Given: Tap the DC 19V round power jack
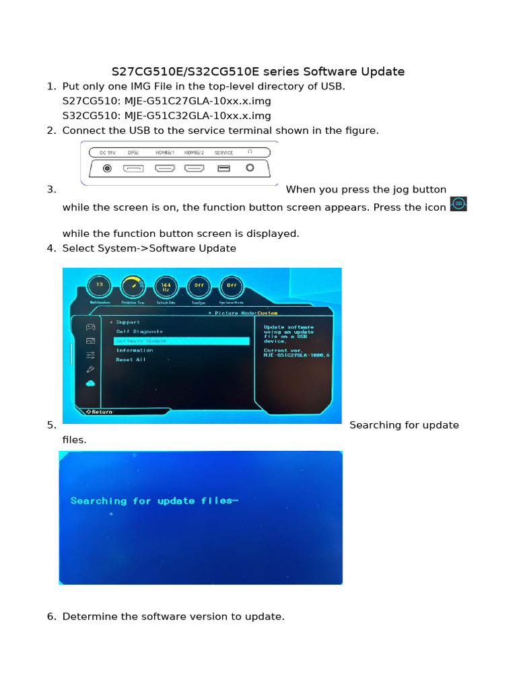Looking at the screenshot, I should click(107, 168).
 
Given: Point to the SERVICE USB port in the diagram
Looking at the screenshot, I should click(223, 168).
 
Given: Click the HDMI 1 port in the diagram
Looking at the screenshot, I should click(165, 168).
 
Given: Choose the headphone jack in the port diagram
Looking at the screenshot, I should click(250, 168).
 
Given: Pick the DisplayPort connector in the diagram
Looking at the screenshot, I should click(133, 168).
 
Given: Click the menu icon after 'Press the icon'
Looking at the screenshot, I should click(458, 204).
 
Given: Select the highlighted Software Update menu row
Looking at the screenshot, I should click(181, 341).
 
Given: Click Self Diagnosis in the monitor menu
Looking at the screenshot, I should click(139, 331).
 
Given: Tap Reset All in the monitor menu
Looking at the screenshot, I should click(131, 360).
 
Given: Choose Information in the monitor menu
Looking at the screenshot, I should click(135, 351).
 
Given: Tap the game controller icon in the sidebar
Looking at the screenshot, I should click(90, 326).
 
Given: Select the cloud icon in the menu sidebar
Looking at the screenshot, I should click(90, 383).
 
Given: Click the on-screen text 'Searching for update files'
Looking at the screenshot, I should click(154, 501).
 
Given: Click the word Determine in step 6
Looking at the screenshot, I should click(88, 616).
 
